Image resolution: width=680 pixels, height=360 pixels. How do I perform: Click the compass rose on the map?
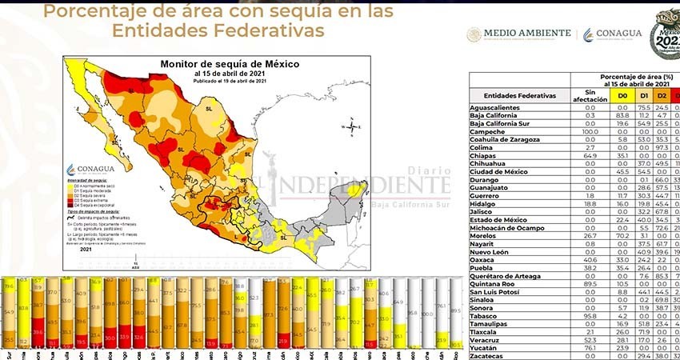350,126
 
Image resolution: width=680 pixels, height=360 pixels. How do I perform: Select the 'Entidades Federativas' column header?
520,95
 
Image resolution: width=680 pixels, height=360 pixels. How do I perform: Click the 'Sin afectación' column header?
591,95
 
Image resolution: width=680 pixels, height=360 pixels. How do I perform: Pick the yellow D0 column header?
621,95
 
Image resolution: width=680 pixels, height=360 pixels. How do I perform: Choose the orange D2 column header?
662,95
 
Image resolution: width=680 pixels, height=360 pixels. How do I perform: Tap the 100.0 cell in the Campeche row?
590,131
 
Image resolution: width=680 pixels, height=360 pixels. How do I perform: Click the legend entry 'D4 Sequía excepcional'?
94,205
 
